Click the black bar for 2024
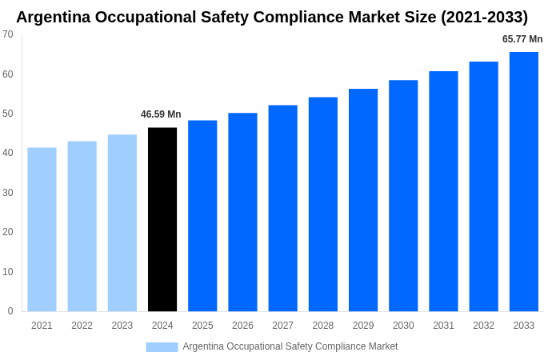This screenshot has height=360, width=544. click(x=162, y=219)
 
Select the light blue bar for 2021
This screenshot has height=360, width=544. click(x=42, y=230)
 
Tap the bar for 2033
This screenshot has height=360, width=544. click(x=523, y=182)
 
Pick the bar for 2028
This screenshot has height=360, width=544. click(x=322, y=204)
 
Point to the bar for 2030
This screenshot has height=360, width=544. click(x=403, y=195)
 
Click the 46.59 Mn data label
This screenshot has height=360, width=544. click(x=161, y=114)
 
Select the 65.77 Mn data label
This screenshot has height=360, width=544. click(x=522, y=39)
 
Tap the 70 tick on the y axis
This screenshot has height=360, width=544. click(x=7, y=34)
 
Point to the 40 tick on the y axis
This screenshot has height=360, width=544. click(x=7, y=153)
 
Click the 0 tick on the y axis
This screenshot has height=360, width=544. click(x=10, y=311)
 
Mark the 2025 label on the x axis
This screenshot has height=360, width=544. click(x=202, y=326)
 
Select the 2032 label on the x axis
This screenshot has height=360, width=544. click(x=483, y=326)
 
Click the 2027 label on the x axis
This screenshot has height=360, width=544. click(x=282, y=326)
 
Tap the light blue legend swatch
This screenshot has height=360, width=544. click(x=162, y=346)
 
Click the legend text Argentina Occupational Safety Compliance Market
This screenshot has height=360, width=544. click(x=290, y=346)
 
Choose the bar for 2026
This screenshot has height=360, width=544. click(x=242, y=212)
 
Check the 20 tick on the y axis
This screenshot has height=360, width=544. click(x=7, y=232)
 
